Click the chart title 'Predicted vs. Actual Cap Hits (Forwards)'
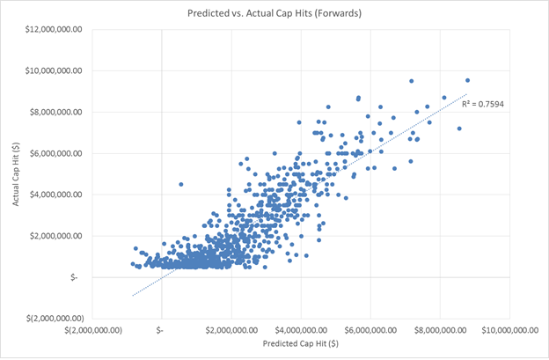coord(274,13)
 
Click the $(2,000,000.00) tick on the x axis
coord(91,330)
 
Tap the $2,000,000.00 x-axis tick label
coord(231,330)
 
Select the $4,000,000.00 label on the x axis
coord(301,330)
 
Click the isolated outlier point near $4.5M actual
coord(181,184)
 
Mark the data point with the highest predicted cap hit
coord(467,80)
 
